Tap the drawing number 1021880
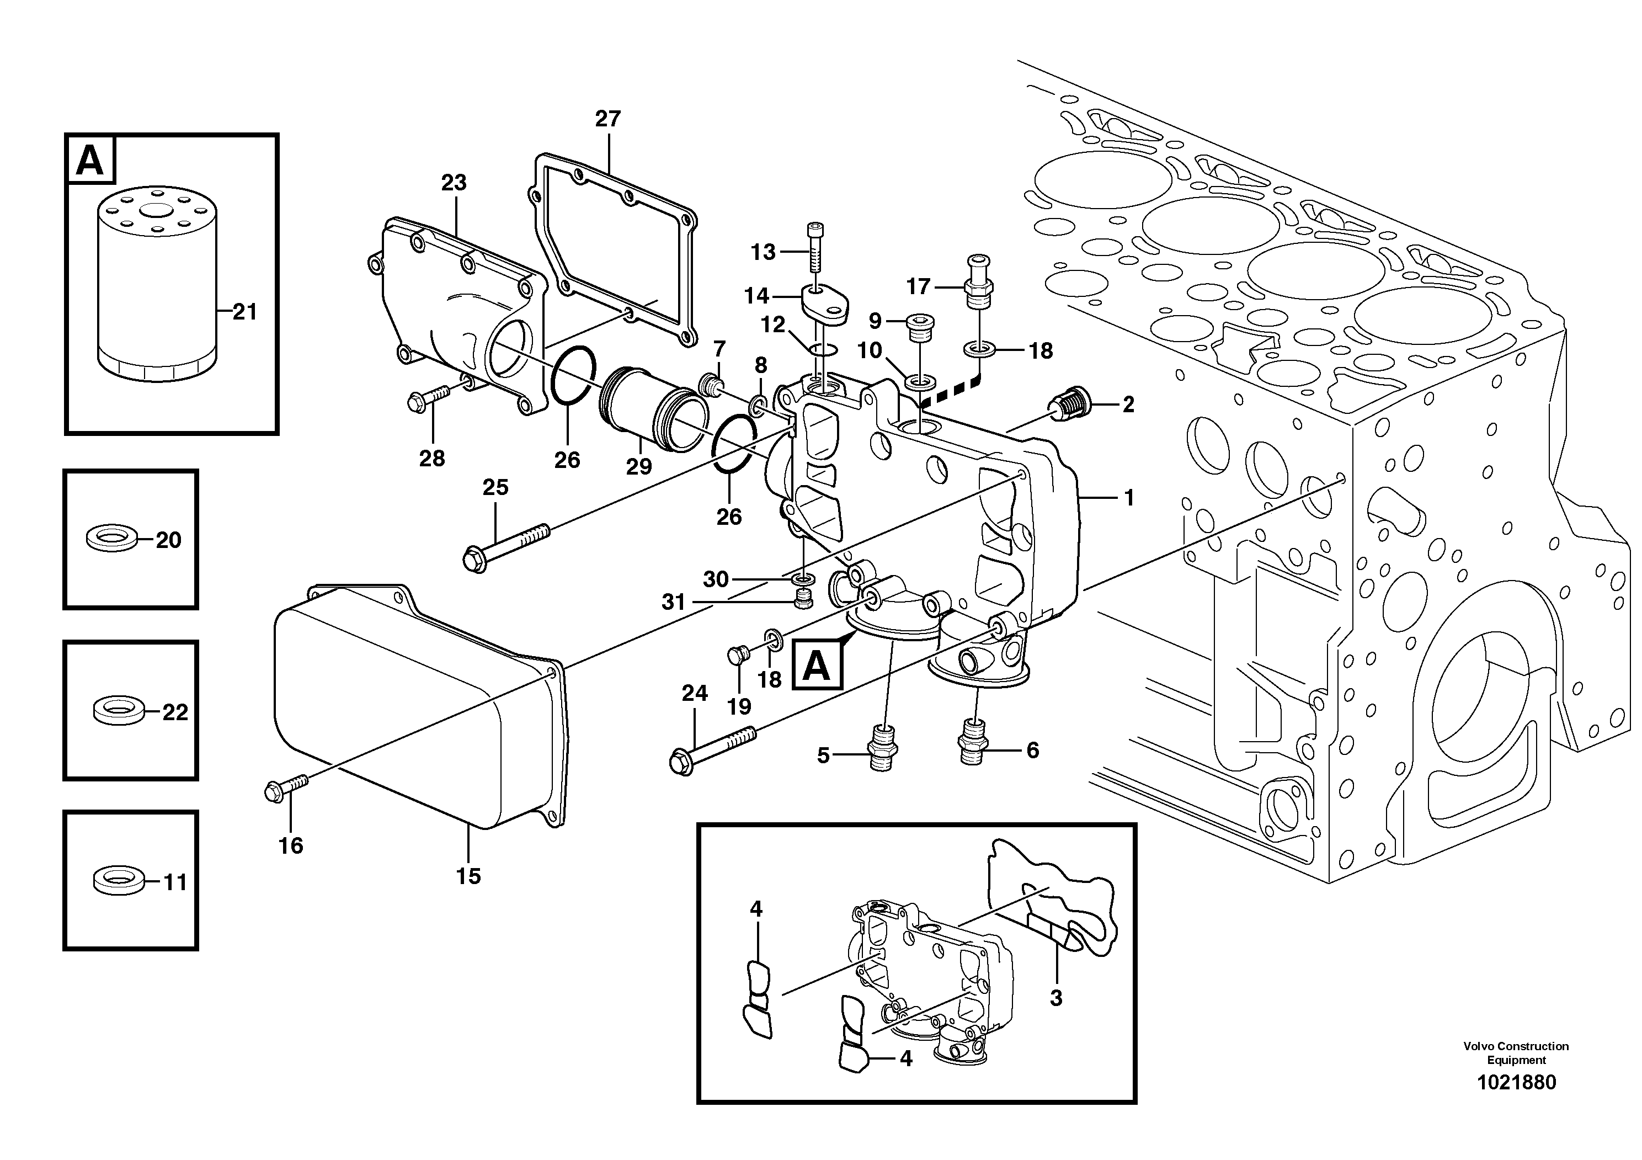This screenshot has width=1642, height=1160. coord(1516,1082)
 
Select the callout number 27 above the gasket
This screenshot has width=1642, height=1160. coord(608,119)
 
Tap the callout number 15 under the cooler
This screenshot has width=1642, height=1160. coord(468,876)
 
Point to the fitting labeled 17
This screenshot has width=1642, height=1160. coord(977,281)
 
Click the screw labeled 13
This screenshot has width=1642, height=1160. coord(816,251)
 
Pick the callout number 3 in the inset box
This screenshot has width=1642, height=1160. coord(1055,998)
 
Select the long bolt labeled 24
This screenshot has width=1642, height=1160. coord(712,747)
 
